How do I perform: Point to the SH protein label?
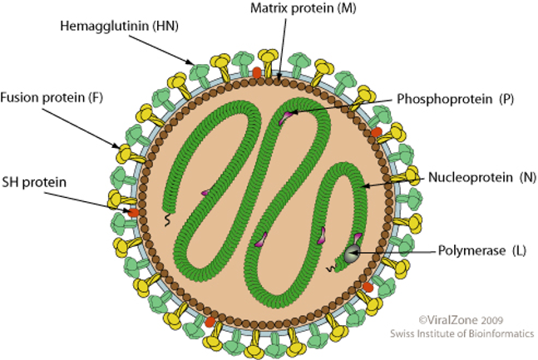click(34, 181)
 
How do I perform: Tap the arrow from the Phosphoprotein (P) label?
click(349, 106)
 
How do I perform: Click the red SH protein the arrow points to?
click(133, 213)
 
